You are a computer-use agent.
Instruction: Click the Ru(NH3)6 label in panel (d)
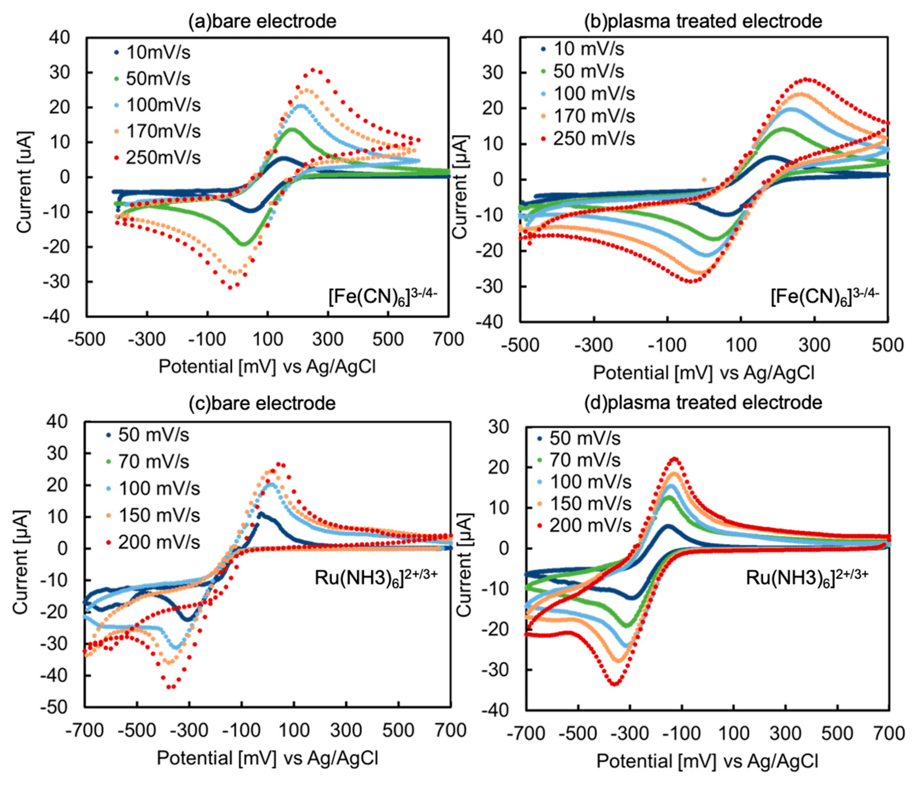tap(806, 578)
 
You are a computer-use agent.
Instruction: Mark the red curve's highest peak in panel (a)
tap(313, 69)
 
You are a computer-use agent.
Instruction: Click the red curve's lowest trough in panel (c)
tap(171, 687)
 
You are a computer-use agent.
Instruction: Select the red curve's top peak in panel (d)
tap(675, 459)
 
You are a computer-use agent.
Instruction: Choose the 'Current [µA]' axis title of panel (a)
tap(24, 182)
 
